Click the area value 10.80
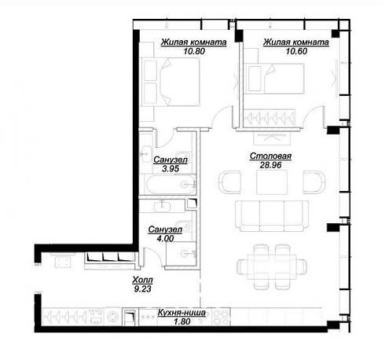(194, 51)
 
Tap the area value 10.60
(296, 51)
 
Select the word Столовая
(270, 156)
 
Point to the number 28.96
(270, 165)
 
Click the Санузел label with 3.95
(170, 160)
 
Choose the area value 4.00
(165, 238)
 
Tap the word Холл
(142, 280)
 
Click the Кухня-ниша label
(181, 312)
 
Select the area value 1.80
(181, 321)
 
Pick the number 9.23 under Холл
(142, 289)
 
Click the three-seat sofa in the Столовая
(272, 216)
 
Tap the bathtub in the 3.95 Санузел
(167, 185)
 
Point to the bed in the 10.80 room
(170, 82)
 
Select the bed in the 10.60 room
(275, 79)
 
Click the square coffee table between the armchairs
(272, 182)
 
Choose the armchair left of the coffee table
(230, 182)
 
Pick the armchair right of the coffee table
(313, 182)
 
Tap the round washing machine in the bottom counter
(113, 316)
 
